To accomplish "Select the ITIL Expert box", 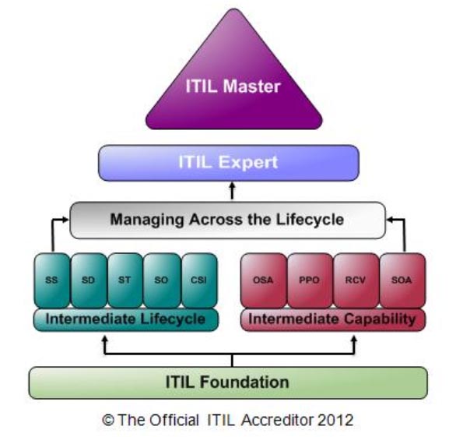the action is pyautogui.click(x=229, y=163).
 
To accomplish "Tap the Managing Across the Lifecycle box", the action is pyautogui.click(x=228, y=220).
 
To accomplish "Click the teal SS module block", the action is pyautogui.click(x=52, y=280).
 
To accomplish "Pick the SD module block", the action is pyautogui.click(x=89, y=280).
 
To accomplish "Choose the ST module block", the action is pyautogui.click(x=125, y=280).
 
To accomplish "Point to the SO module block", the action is pyautogui.click(x=162, y=280).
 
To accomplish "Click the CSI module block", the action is pyautogui.click(x=199, y=280).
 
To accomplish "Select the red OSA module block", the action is pyautogui.click(x=264, y=280).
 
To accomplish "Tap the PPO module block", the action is pyautogui.click(x=310, y=280).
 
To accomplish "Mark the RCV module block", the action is pyautogui.click(x=356, y=280).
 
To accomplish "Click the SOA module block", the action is pyautogui.click(x=402, y=280).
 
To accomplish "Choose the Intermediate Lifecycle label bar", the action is pyautogui.click(x=126, y=319).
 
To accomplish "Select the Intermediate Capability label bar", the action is pyautogui.click(x=333, y=319).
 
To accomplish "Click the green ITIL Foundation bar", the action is pyautogui.click(x=228, y=382).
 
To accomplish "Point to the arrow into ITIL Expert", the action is pyautogui.click(x=232, y=191).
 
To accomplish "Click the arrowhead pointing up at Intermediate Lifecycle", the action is pyautogui.click(x=105, y=340).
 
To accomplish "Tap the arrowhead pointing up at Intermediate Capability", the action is pyautogui.click(x=354, y=340).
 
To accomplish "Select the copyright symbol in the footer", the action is pyautogui.click(x=108, y=421).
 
